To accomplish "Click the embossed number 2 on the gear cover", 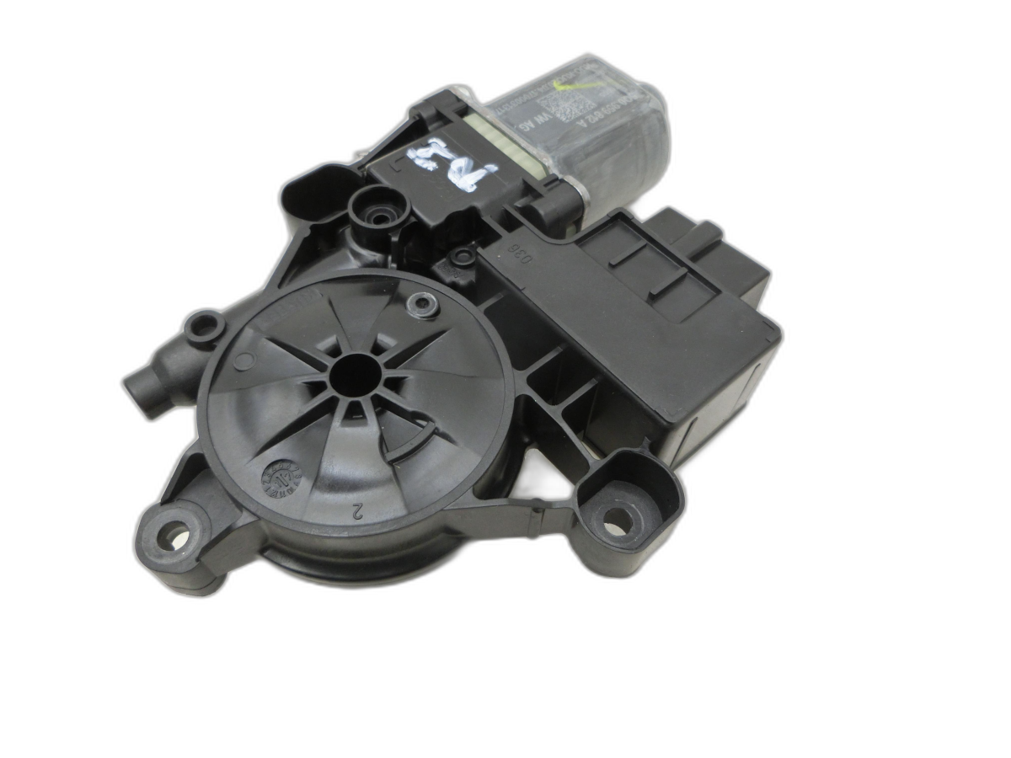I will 357,510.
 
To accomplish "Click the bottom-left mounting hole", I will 174,534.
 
